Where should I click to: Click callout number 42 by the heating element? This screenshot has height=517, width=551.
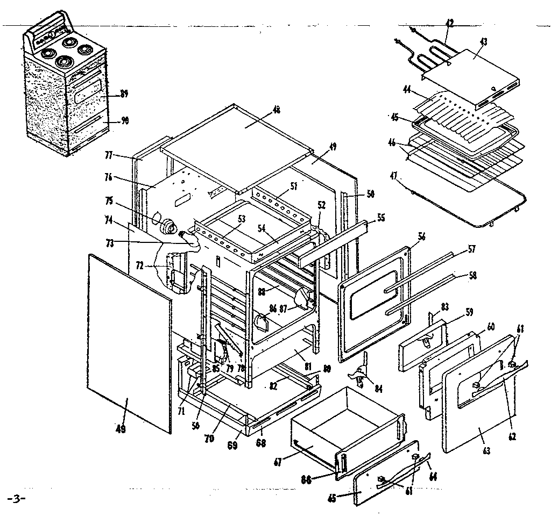click(x=450, y=23)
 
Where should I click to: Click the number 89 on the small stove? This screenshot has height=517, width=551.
click(x=124, y=94)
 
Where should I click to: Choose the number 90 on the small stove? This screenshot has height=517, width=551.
click(x=124, y=121)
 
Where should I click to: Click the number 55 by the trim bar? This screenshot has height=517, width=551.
click(x=380, y=218)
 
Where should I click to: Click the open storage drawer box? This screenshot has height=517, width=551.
click(x=344, y=425)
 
